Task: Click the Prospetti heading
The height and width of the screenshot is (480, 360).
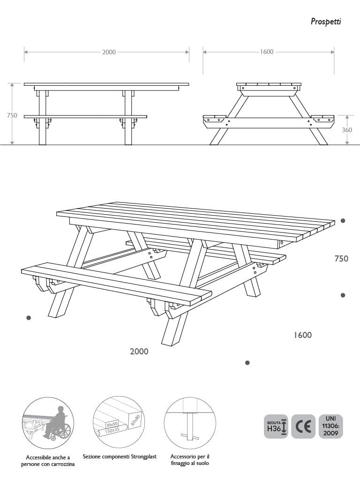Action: coord(326,22)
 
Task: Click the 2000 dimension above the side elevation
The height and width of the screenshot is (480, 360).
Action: coord(109,52)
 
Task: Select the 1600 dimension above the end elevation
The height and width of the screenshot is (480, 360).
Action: coord(267,52)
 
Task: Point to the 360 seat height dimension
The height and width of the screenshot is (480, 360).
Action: coord(347,130)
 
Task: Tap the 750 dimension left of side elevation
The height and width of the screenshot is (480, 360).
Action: coord(12,115)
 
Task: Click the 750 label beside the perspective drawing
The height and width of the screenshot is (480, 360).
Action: coord(341,259)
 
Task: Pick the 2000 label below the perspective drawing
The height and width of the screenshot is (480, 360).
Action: coord(139,352)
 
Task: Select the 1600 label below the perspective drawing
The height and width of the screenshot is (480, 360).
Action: coord(303,335)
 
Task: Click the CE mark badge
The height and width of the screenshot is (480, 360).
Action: coord(303,427)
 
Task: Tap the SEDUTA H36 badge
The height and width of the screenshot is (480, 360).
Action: coord(276,427)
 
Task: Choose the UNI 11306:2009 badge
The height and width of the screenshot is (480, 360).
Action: coord(330,427)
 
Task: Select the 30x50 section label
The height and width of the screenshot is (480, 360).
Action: coord(112,424)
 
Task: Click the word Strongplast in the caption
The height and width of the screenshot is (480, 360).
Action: coord(143,457)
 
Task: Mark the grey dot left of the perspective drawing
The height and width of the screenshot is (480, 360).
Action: coord(29,318)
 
